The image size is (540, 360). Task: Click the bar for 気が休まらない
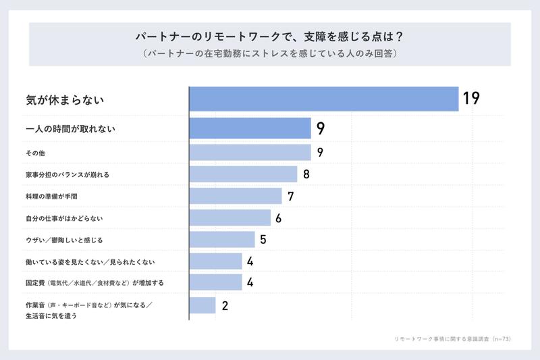pyautogui.click(x=324, y=99)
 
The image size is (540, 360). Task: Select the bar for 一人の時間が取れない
pyautogui.click(x=250, y=128)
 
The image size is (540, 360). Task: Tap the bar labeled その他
pyautogui.click(x=250, y=153)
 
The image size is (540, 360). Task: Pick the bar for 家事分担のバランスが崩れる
pyautogui.click(x=243, y=174)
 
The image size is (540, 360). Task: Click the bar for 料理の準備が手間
pyautogui.click(x=236, y=196)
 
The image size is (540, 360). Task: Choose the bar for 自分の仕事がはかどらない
pyautogui.click(x=230, y=217)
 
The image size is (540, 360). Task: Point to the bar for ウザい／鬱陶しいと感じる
pyautogui.click(x=222, y=239)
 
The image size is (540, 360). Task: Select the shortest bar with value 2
pyautogui.click(x=202, y=305)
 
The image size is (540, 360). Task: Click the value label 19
pyautogui.click(x=471, y=99)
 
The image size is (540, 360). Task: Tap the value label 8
pyautogui.click(x=306, y=174)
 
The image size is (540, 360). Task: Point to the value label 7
pyautogui.click(x=291, y=196)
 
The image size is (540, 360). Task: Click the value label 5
pyautogui.click(x=263, y=239)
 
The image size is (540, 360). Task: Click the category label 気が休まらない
pyautogui.click(x=64, y=99)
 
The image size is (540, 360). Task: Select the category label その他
pyautogui.click(x=34, y=153)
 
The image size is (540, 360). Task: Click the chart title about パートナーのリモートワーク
pyautogui.click(x=270, y=36)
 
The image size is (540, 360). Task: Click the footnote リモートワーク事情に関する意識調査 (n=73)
pyautogui.click(x=451, y=338)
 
